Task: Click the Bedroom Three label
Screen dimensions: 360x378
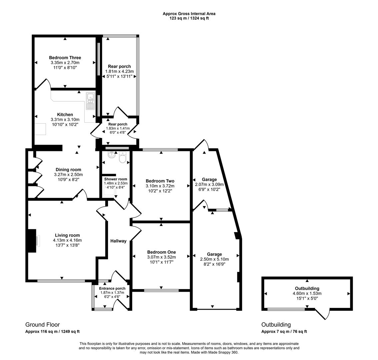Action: tap(65, 58)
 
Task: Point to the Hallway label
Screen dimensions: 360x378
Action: tap(118, 241)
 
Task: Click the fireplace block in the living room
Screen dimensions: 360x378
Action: tap(32, 241)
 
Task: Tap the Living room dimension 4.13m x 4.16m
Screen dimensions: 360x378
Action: tap(67, 240)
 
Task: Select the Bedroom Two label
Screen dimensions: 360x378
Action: tap(160, 181)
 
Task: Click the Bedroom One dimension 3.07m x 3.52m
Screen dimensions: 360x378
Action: tap(161, 257)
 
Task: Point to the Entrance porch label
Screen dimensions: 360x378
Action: tap(112, 288)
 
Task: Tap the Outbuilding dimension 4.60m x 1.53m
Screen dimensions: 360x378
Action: tap(307, 293)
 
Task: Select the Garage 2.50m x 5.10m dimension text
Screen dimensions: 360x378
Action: tap(214, 259)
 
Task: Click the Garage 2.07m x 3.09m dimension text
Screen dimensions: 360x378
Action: tap(209, 184)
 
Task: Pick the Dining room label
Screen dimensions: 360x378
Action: tap(68, 170)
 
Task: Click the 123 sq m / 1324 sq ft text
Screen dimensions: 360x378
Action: tap(189, 18)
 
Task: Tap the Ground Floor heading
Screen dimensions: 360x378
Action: tap(43, 324)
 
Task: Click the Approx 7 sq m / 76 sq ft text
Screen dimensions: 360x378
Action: tap(284, 332)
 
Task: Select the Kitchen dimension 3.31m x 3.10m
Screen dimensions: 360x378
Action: tap(65, 119)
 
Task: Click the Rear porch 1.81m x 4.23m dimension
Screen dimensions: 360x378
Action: tap(119, 71)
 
